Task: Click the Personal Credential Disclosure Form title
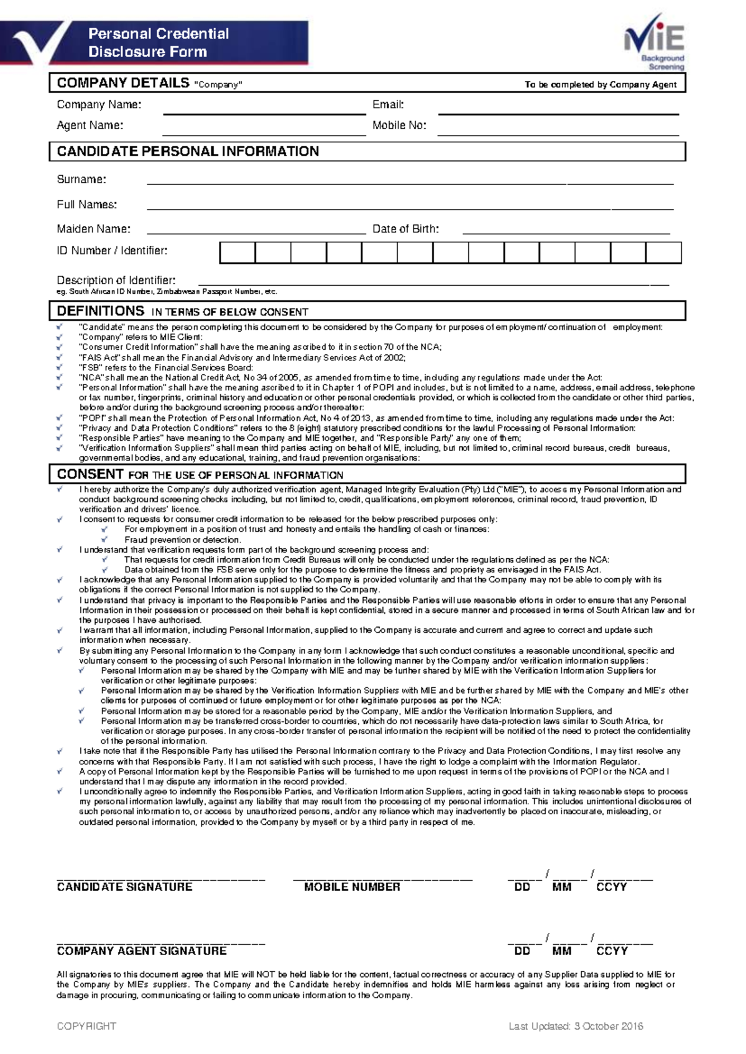click(x=159, y=42)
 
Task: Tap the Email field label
click(x=388, y=104)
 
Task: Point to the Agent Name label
click(x=90, y=125)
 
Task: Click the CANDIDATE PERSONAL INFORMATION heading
click(x=188, y=151)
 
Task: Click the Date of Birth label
click(x=405, y=229)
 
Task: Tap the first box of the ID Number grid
click(x=237, y=253)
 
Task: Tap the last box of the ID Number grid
click(x=663, y=253)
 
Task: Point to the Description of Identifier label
click(x=116, y=280)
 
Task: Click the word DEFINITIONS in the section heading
click(x=101, y=311)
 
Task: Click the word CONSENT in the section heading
click(x=90, y=474)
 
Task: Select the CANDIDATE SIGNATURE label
click(x=124, y=887)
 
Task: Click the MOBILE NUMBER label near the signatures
click(x=352, y=887)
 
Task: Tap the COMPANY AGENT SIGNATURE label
click(x=142, y=951)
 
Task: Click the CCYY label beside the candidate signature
click(x=611, y=887)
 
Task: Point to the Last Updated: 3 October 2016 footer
click(x=576, y=1026)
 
